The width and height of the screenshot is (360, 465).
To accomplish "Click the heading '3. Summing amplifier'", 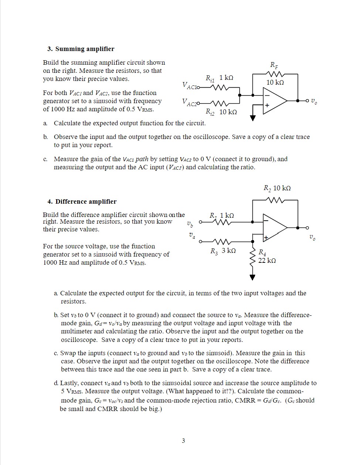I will [x=81, y=49].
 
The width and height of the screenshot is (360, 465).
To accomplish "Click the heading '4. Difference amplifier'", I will [x=82, y=201].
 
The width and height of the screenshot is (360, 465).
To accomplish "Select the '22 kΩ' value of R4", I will [x=267, y=261].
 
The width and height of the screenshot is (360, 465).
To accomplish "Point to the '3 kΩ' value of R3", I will [x=229, y=251].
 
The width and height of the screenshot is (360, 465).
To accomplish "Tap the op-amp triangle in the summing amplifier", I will [x=274, y=100].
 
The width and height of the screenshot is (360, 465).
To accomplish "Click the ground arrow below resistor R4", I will [x=252, y=277].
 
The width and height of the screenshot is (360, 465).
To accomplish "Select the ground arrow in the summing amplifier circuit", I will [x=253, y=118].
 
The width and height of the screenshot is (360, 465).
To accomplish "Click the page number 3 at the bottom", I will [x=183, y=440].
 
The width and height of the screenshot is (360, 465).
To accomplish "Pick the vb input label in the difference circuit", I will [x=189, y=223].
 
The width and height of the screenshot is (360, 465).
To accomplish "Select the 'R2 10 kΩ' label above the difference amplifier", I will [x=277, y=188].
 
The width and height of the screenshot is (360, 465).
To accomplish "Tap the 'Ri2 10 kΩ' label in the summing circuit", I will [x=221, y=112].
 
